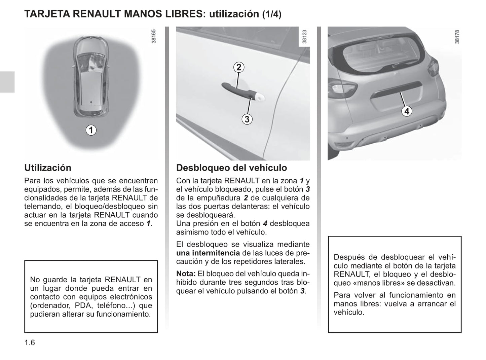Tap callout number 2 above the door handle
pos(238,67)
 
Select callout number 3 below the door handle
pos(247,119)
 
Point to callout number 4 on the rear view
pos(407,111)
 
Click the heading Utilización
pos(48,168)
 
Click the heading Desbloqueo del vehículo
pos(231,168)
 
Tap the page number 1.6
pos(30,343)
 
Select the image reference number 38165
pos(154,36)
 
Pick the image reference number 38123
pos(304,36)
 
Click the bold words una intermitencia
pos(208,253)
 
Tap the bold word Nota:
pos(186,274)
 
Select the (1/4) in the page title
pos(271,14)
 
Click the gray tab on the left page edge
pos(7,82)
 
